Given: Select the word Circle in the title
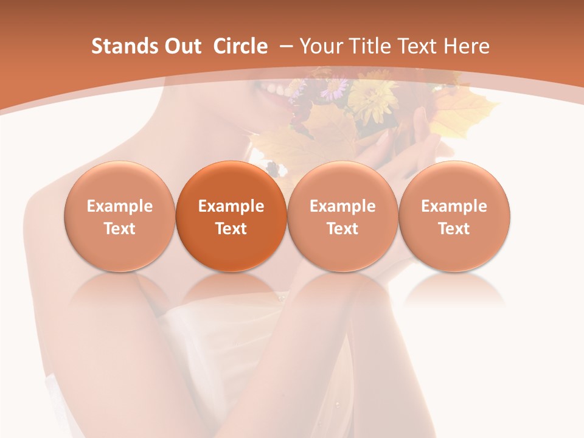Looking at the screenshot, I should click(240, 46).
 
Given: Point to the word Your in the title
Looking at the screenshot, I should click(320, 46).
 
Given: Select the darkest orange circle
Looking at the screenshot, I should click(231, 217).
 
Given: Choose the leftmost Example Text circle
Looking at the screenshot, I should click(120, 217).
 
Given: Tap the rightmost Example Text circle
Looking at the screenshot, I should click(454, 217).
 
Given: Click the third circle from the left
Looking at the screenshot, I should click(342, 217).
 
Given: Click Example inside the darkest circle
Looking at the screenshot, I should click(231, 206).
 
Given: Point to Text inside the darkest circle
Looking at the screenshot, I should click(231, 229).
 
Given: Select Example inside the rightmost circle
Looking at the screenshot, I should click(454, 206).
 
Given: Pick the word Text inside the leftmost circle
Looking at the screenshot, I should click(120, 229).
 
